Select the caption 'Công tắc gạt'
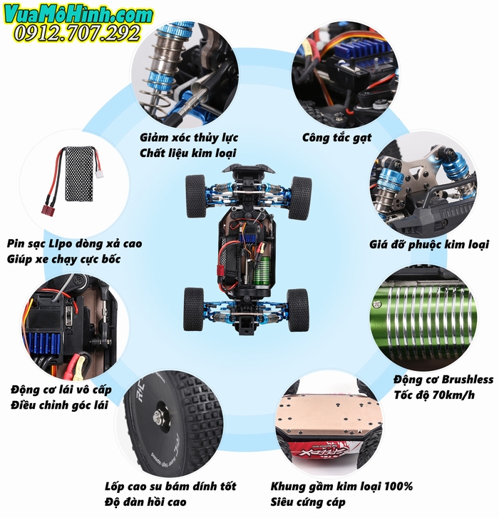[x=336, y=137]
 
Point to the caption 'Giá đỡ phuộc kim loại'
[x=429, y=245]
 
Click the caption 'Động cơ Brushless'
[x=443, y=379]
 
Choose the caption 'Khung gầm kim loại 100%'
[x=341, y=487]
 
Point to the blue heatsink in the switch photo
[x=368, y=51]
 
